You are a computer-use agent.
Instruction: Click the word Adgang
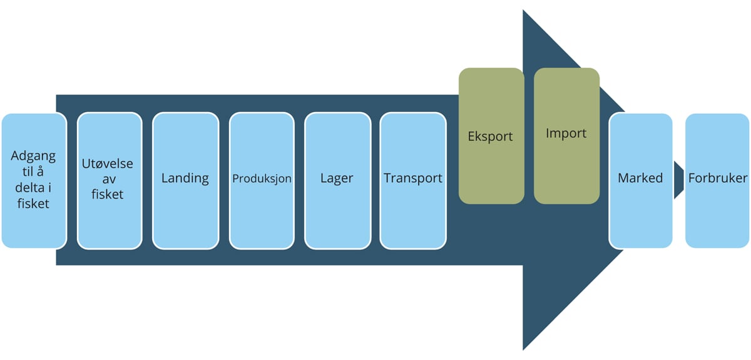coord(34,155)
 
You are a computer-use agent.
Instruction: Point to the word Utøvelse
coord(108,163)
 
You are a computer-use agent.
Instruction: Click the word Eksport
coord(491,136)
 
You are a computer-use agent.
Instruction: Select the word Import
coord(566,133)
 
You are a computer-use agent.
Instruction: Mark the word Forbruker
coord(717,178)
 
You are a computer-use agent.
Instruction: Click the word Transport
coord(413,178)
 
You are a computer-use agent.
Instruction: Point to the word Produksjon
coord(262,178)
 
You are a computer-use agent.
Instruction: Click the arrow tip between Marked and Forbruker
coord(679,180)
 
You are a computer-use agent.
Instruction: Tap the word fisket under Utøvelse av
coord(108,194)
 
